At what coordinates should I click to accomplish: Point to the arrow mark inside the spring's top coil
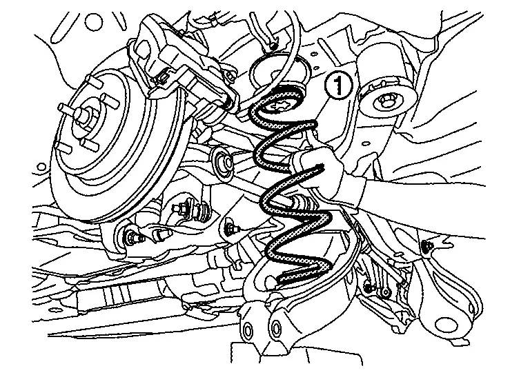279,105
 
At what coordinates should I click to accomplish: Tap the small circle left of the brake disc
41,167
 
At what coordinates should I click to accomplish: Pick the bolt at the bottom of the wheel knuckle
131,236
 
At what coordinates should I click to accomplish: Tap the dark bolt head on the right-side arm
429,245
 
